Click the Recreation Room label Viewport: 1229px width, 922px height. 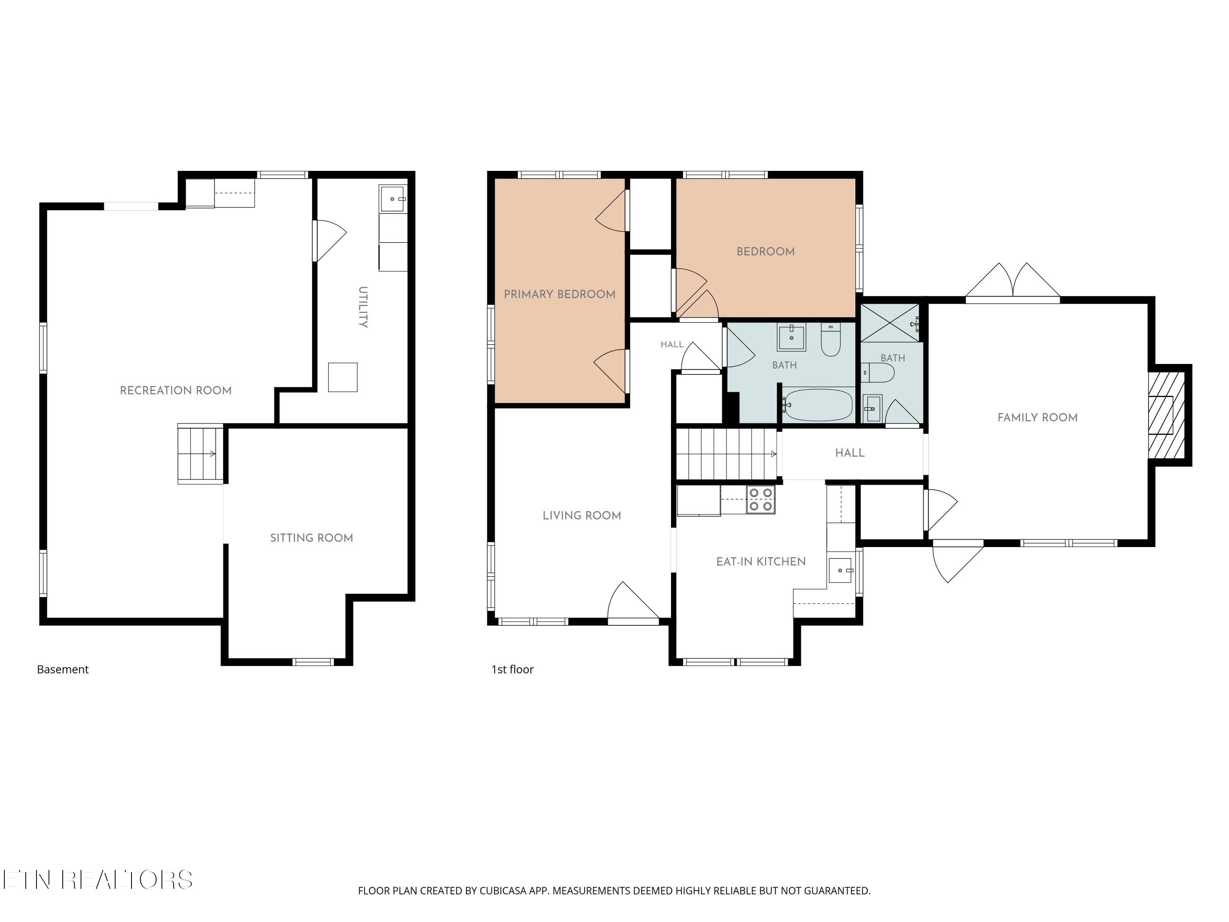(x=176, y=391)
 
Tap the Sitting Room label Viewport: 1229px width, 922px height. (x=312, y=538)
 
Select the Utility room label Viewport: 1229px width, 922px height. (x=363, y=307)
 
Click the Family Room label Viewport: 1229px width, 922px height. (x=1037, y=418)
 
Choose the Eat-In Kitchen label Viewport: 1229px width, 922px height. (x=761, y=562)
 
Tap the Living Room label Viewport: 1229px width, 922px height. (x=582, y=516)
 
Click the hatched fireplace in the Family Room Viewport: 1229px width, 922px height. (x=1167, y=415)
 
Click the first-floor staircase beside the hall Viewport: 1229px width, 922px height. (x=727, y=454)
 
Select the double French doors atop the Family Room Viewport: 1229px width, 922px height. (x=1013, y=281)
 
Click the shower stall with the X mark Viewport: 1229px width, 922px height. (x=890, y=323)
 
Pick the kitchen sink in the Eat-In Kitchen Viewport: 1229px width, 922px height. (x=840, y=570)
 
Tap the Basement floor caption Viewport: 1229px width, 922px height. (x=63, y=670)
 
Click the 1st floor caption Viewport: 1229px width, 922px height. (x=512, y=670)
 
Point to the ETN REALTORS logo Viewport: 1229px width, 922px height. (x=98, y=880)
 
